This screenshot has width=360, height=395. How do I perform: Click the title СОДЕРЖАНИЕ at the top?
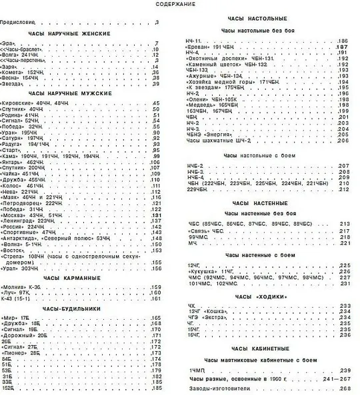tap(175, 5)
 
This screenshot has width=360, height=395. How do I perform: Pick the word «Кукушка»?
tap(199, 271)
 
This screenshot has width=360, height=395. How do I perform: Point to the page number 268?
tap(344, 387)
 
